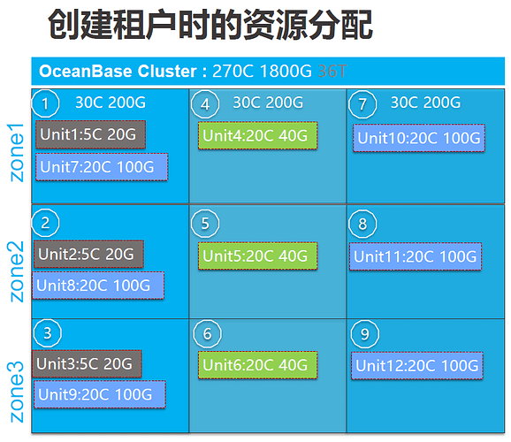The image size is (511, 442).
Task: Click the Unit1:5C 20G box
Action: tap(90, 134)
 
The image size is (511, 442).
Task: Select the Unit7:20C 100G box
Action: tap(102, 167)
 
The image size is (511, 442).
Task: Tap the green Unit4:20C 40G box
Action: tap(257, 135)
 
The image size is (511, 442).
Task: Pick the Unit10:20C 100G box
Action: tap(419, 138)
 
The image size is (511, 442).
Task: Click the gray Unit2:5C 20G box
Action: tap(88, 255)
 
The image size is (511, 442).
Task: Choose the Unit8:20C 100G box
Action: tap(98, 286)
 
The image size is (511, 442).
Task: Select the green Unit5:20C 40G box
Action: tap(257, 255)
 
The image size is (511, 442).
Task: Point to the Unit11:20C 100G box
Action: tap(416, 256)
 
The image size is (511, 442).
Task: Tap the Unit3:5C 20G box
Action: tap(87, 364)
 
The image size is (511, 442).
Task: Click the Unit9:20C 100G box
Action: tap(100, 394)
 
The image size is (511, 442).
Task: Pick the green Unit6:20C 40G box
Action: tap(257, 365)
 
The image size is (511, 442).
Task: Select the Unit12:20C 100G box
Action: tap(417, 366)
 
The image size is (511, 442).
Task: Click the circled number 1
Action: tap(45, 103)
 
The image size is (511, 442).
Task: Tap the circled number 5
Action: tap(205, 224)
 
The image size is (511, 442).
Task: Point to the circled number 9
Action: tap(364, 334)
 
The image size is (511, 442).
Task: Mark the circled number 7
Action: tap(362, 104)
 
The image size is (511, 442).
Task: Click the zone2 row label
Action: tap(16, 271)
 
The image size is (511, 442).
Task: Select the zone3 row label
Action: tap(16, 392)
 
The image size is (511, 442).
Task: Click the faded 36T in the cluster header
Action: tap(332, 71)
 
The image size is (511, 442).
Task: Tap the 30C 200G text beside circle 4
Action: tap(268, 103)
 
